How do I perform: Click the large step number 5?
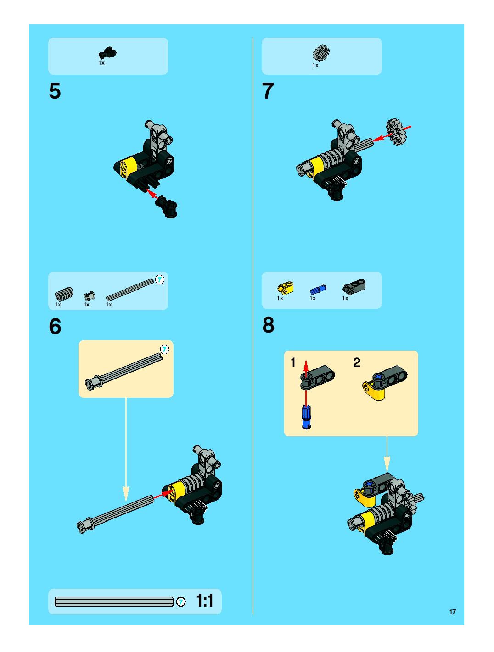coord(55,91)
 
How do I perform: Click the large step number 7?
coord(268,91)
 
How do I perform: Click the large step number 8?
coord(268,325)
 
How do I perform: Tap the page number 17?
coord(452,612)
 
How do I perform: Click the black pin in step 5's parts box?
coord(107,53)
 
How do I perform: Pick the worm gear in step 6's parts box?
coord(64,294)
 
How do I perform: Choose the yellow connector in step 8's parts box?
coord(285,288)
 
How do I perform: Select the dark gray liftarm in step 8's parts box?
coord(354,287)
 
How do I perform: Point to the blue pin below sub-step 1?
coord(306,417)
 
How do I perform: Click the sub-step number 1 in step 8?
coord(293,362)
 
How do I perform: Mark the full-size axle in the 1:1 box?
coord(114,602)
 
